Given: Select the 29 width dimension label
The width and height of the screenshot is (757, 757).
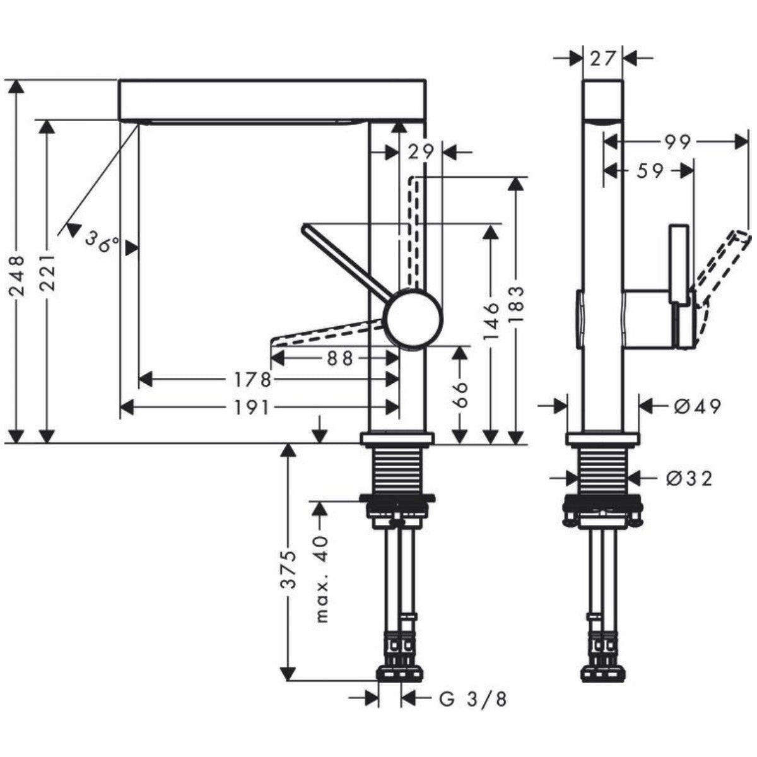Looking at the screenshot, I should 421,151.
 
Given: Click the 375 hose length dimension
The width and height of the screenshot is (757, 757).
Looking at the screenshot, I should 288,568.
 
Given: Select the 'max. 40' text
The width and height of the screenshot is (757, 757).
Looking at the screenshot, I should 322,578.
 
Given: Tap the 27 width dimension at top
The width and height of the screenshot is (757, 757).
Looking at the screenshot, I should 602,58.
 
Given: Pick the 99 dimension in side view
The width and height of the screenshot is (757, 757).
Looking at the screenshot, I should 678,142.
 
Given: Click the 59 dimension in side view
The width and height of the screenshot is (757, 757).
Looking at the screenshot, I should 650,170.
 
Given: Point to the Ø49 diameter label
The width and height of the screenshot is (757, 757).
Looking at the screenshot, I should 696,406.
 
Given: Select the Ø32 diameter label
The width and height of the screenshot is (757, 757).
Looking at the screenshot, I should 689,479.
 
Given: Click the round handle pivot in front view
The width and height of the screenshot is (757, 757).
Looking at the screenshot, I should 414,318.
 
